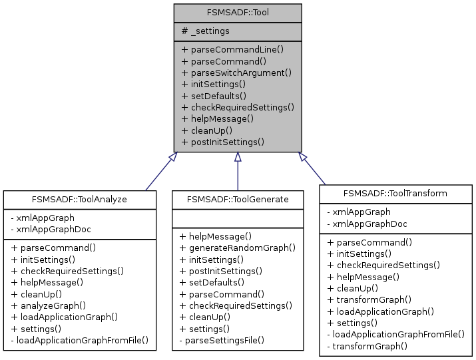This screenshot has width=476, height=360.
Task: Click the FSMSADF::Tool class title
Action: [238, 13]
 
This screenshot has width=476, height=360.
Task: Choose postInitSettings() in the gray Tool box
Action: [223, 142]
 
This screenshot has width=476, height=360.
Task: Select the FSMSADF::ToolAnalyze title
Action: [79, 198]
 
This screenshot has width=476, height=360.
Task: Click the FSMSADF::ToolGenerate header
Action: [238, 198]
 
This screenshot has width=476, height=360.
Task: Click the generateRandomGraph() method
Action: [238, 247]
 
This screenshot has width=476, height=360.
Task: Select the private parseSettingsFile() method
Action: [222, 340]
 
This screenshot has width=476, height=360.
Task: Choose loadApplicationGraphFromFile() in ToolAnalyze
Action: [79, 340]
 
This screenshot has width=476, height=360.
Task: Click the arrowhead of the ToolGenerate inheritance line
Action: [238, 157]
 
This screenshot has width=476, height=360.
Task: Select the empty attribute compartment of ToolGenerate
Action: [238, 217]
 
